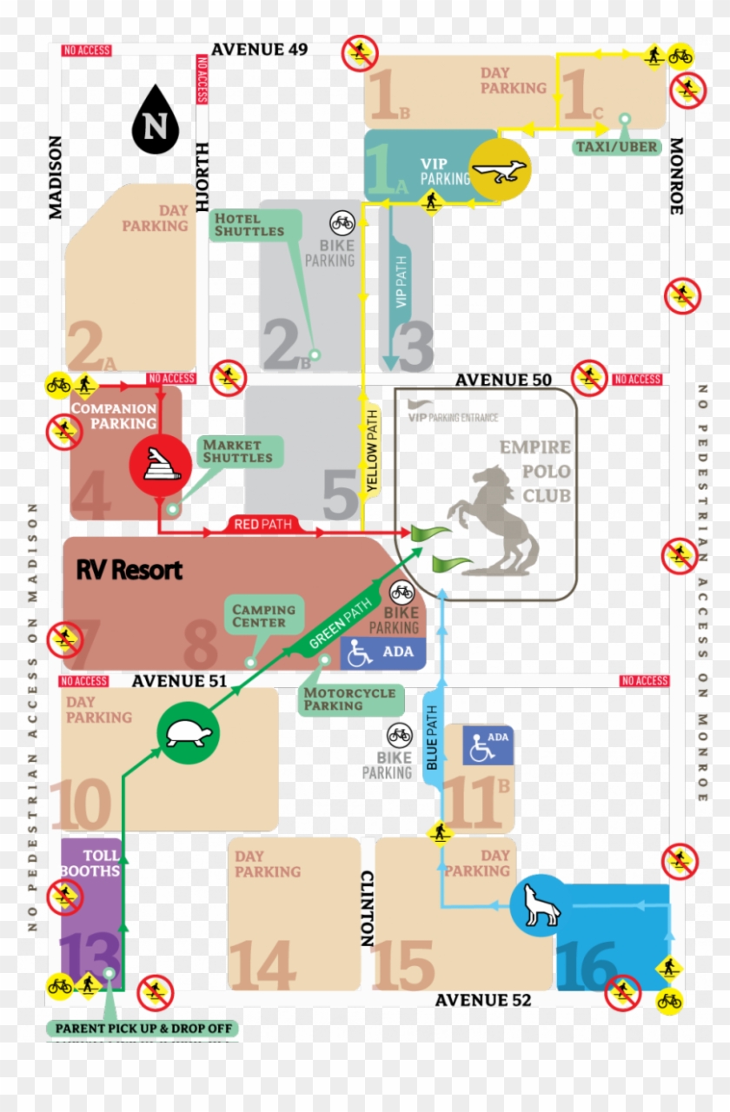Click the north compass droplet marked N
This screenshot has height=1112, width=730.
coord(155,122)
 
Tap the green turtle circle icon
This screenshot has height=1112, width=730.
coord(188,735)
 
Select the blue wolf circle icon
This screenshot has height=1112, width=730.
coord(540,905)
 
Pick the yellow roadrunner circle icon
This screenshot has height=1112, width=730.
coord(501,169)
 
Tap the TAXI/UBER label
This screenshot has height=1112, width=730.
coord(616,147)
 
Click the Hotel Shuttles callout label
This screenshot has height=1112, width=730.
coord(249,225)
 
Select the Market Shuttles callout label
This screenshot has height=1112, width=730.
coord(237,451)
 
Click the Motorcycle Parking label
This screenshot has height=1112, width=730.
coord(349,699)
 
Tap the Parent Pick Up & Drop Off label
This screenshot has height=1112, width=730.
coord(142,1029)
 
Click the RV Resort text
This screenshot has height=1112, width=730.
coord(129,570)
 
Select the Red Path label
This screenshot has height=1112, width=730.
coord(262,524)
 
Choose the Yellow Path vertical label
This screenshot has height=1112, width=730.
coord(372,452)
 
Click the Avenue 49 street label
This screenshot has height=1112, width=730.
coord(259,50)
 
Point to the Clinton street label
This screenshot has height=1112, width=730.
coord(367,908)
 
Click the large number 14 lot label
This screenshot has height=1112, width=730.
coord(262,964)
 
